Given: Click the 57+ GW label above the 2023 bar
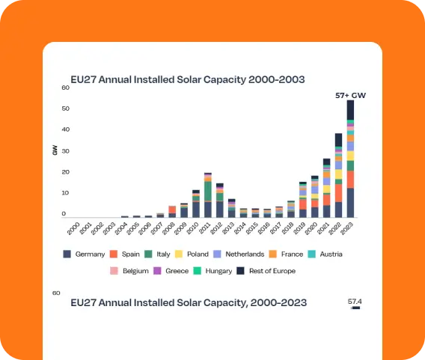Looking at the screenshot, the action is (350, 95).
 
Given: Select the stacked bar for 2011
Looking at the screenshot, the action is (208, 195).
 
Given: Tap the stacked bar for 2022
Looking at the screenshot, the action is (338, 175).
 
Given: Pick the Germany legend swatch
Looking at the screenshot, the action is (67, 254).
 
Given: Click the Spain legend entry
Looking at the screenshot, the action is (125, 254).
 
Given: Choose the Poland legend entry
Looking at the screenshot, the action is (192, 254).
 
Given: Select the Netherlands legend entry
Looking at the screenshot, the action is (239, 254).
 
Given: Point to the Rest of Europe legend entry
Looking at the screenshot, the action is (266, 271).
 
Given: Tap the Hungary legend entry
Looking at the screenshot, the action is (212, 271).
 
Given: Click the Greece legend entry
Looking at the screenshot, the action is (171, 271).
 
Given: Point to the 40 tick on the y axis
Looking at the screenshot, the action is (66, 129).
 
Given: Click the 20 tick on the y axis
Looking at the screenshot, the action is (66, 172).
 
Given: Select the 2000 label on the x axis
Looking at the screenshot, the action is (73, 228).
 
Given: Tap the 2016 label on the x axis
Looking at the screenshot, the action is (264, 228).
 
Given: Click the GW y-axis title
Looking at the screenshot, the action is (55, 150).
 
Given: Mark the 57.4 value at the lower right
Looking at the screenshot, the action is (355, 302).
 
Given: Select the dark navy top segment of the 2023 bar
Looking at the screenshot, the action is (350, 110).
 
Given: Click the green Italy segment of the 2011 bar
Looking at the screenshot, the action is (208, 192).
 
